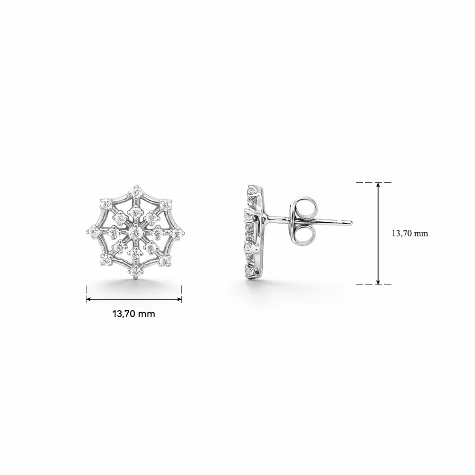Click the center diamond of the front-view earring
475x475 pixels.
[135, 233]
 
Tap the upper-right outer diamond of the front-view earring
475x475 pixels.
[165, 205]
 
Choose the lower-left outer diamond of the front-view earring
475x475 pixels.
[106, 260]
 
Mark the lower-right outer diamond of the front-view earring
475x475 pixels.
[164, 260]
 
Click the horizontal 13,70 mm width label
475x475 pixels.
[134, 313]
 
